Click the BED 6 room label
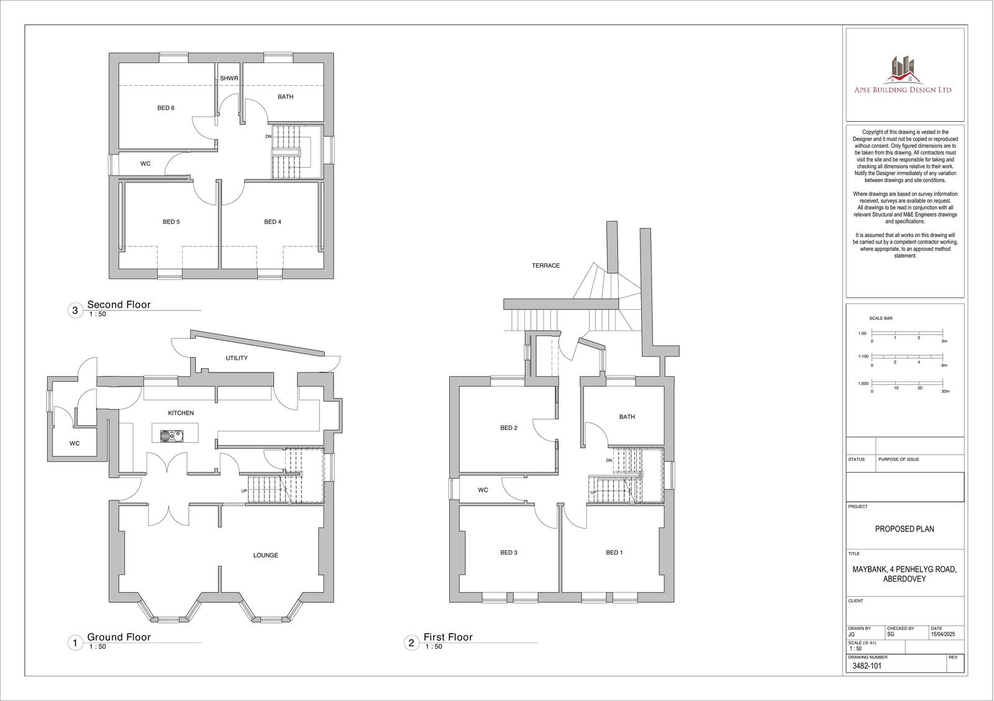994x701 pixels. (x=166, y=108)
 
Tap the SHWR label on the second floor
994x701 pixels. (x=229, y=79)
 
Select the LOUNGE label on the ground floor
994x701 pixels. (x=265, y=555)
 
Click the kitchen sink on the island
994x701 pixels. (x=168, y=435)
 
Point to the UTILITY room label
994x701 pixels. (x=237, y=358)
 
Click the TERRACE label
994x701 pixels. (x=545, y=266)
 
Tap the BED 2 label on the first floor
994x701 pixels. (x=509, y=428)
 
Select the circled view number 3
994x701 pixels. (x=75, y=310)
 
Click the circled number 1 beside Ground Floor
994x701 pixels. (x=75, y=643)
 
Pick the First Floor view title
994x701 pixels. (x=448, y=637)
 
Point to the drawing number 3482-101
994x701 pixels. (x=867, y=666)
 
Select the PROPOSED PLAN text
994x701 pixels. (x=905, y=529)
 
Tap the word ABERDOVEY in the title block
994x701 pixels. (x=905, y=579)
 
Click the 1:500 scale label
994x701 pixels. (x=863, y=384)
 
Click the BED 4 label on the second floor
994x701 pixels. (x=273, y=222)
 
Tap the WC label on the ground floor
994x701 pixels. (x=75, y=443)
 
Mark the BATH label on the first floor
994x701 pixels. (x=627, y=417)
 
